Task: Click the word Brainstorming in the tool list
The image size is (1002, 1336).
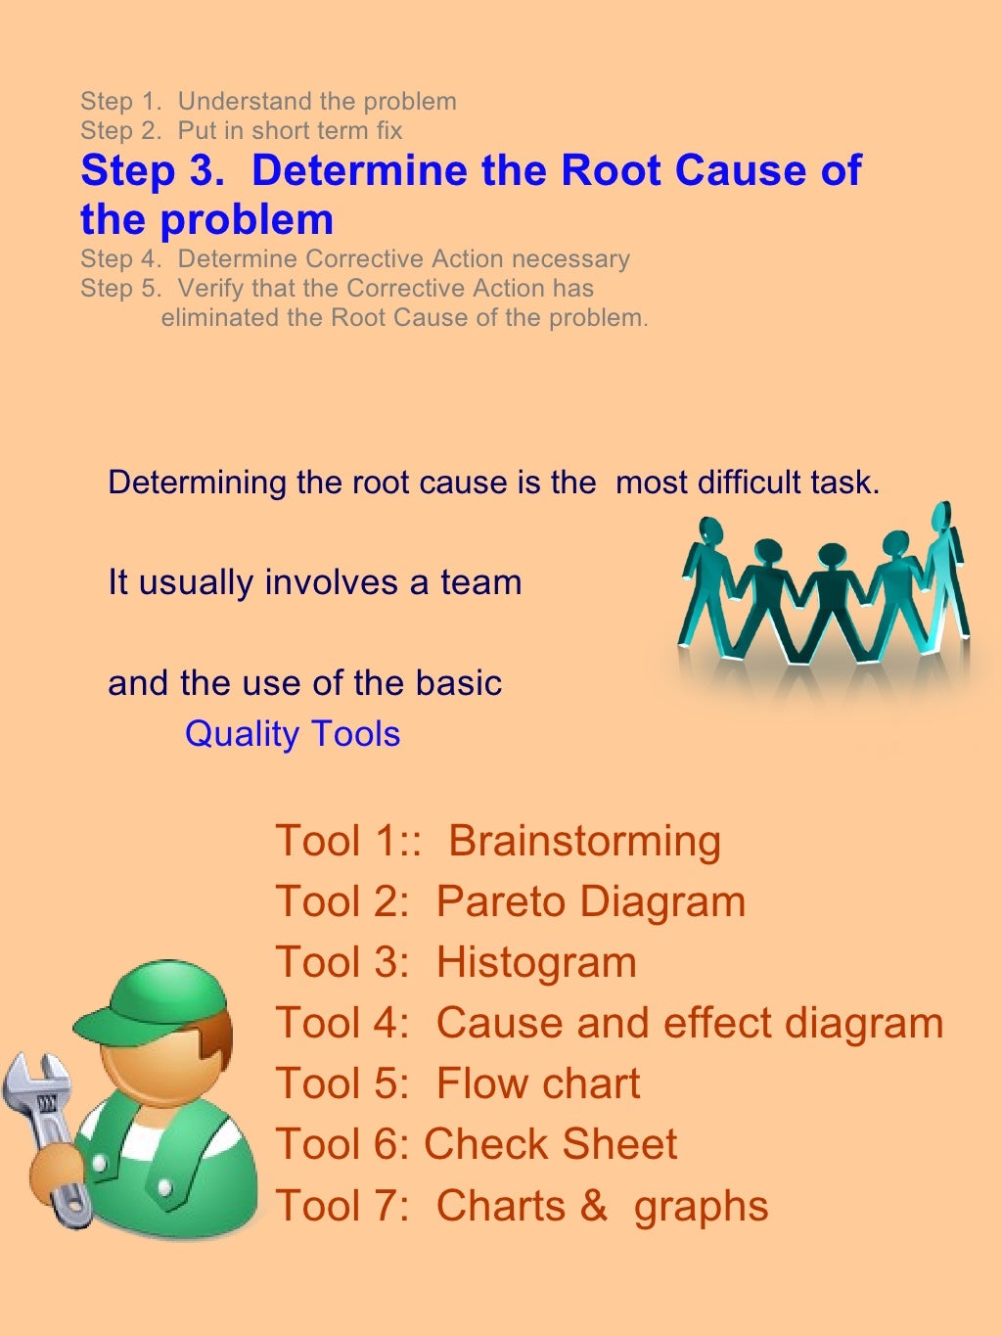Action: click(584, 841)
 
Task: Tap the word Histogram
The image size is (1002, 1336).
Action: click(536, 962)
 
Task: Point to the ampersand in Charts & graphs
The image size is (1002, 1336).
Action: click(593, 1206)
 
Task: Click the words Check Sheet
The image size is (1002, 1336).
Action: click(550, 1144)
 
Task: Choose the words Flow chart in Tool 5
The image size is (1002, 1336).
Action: click(537, 1083)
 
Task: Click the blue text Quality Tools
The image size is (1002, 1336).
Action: click(293, 734)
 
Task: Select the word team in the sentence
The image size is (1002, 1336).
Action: click(480, 582)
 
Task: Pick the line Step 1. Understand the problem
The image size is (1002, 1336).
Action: click(268, 101)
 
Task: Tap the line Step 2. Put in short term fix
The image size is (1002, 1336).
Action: click(241, 130)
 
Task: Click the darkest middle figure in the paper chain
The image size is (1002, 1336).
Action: click(830, 597)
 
